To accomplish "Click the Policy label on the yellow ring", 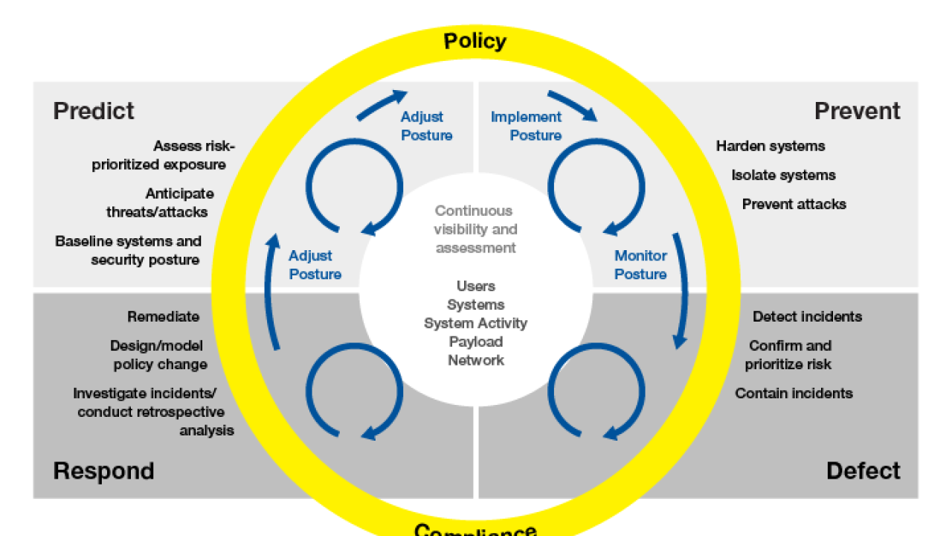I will click(x=475, y=41).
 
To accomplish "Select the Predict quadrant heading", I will click(x=94, y=111).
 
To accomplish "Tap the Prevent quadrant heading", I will click(x=857, y=111).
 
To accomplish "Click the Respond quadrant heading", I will click(x=103, y=470).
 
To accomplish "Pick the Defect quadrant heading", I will click(x=863, y=470).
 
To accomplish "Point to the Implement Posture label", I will click(x=526, y=126).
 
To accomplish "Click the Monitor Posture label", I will click(x=640, y=265).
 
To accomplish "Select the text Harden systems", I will click(x=771, y=146).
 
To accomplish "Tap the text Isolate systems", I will click(x=783, y=175).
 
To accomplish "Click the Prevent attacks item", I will click(x=794, y=204).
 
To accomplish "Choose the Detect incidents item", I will click(x=807, y=316).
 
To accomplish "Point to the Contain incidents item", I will click(x=794, y=393).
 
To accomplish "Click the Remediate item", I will click(x=163, y=316).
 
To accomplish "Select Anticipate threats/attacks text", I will click(x=157, y=202).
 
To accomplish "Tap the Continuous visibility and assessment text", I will click(x=475, y=229).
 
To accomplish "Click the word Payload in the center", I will click(x=475, y=342).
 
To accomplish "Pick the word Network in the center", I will click(x=475, y=360).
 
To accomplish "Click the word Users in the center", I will click(x=475, y=286).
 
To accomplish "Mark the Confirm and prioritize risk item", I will click(x=789, y=355).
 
